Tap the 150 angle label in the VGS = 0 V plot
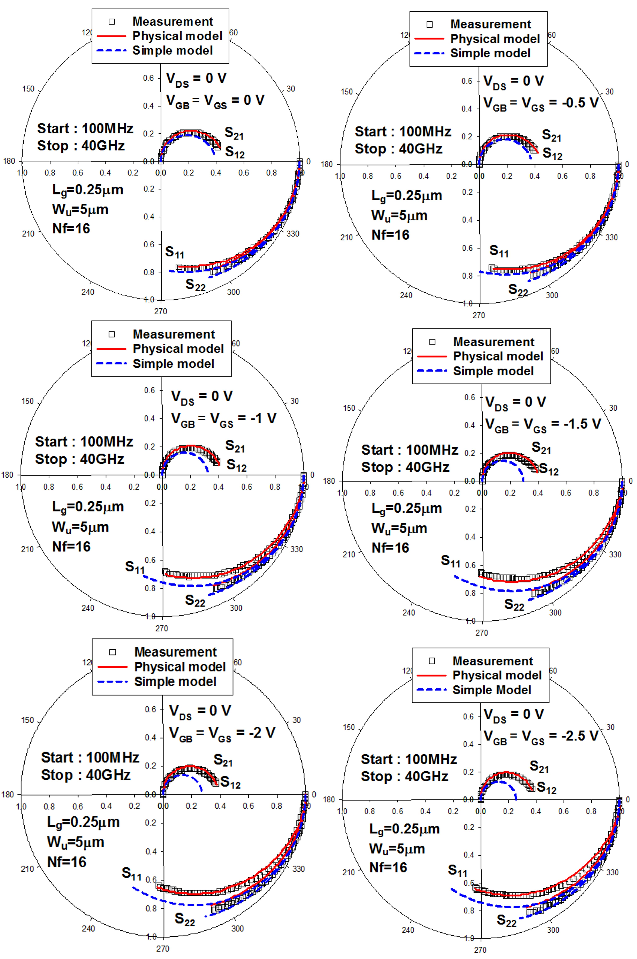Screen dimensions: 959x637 28,89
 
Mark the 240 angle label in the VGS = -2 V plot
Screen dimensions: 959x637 88,928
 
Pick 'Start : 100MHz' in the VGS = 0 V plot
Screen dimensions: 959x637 85,128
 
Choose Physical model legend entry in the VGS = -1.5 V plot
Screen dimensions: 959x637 498,356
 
